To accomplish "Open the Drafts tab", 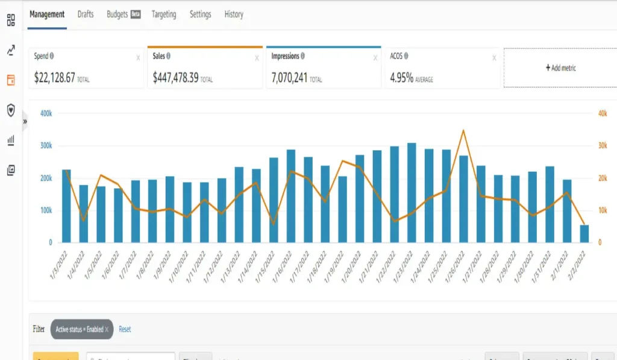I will [x=86, y=14].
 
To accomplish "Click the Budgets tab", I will [x=117, y=14].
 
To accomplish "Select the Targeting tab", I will [x=164, y=14].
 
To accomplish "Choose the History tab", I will [x=234, y=14].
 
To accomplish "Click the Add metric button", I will [x=560, y=68].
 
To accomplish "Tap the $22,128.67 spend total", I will [x=54, y=78].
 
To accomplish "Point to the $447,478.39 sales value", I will [x=175, y=78].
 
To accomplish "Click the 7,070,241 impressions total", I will [x=289, y=78].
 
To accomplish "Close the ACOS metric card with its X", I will [x=494, y=58].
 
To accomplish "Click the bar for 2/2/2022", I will [x=584, y=233].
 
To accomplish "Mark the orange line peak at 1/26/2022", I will [x=463, y=130].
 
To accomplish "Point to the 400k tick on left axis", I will [x=46, y=113].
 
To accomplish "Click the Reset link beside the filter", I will [x=125, y=329].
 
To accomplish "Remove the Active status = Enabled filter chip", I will [x=107, y=329].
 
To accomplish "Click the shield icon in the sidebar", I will [x=10, y=110].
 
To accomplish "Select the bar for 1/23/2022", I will [x=412, y=193].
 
